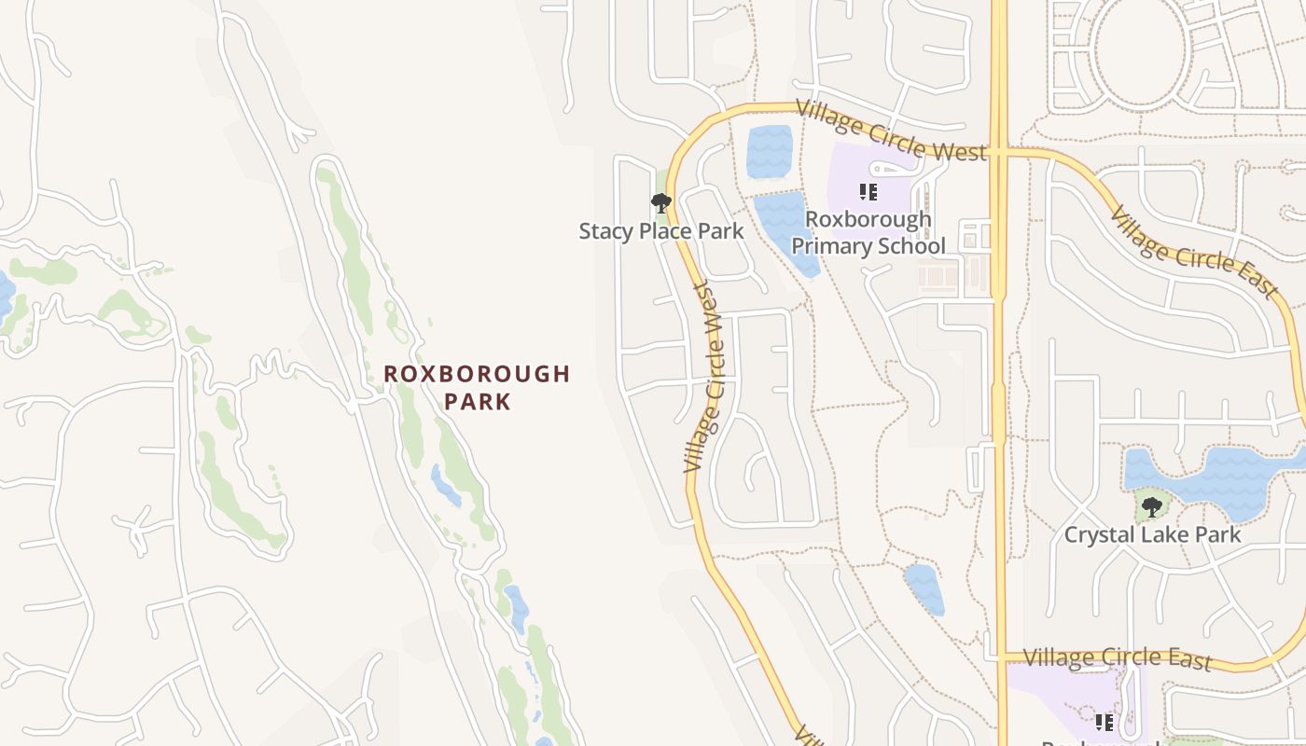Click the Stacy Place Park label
(x=661, y=231)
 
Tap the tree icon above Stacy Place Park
(x=661, y=201)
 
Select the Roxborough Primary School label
(x=868, y=232)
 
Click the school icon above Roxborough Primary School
(x=868, y=192)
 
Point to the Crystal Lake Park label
(x=1152, y=535)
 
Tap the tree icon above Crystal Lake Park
(x=1152, y=507)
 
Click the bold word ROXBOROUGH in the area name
(x=477, y=374)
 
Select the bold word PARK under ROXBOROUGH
(x=477, y=402)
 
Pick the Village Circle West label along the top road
(x=892, y=131)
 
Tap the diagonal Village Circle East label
(x=1193, y=252)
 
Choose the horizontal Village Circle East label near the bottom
(x=1117, y=657)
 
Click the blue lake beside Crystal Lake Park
(x=1222, y=476)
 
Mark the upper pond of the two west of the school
(x=770, y=151)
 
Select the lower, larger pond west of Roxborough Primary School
(x=785, y=228)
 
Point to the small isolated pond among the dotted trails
(x=924, y=587)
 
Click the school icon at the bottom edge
(x=1105, y=722)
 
